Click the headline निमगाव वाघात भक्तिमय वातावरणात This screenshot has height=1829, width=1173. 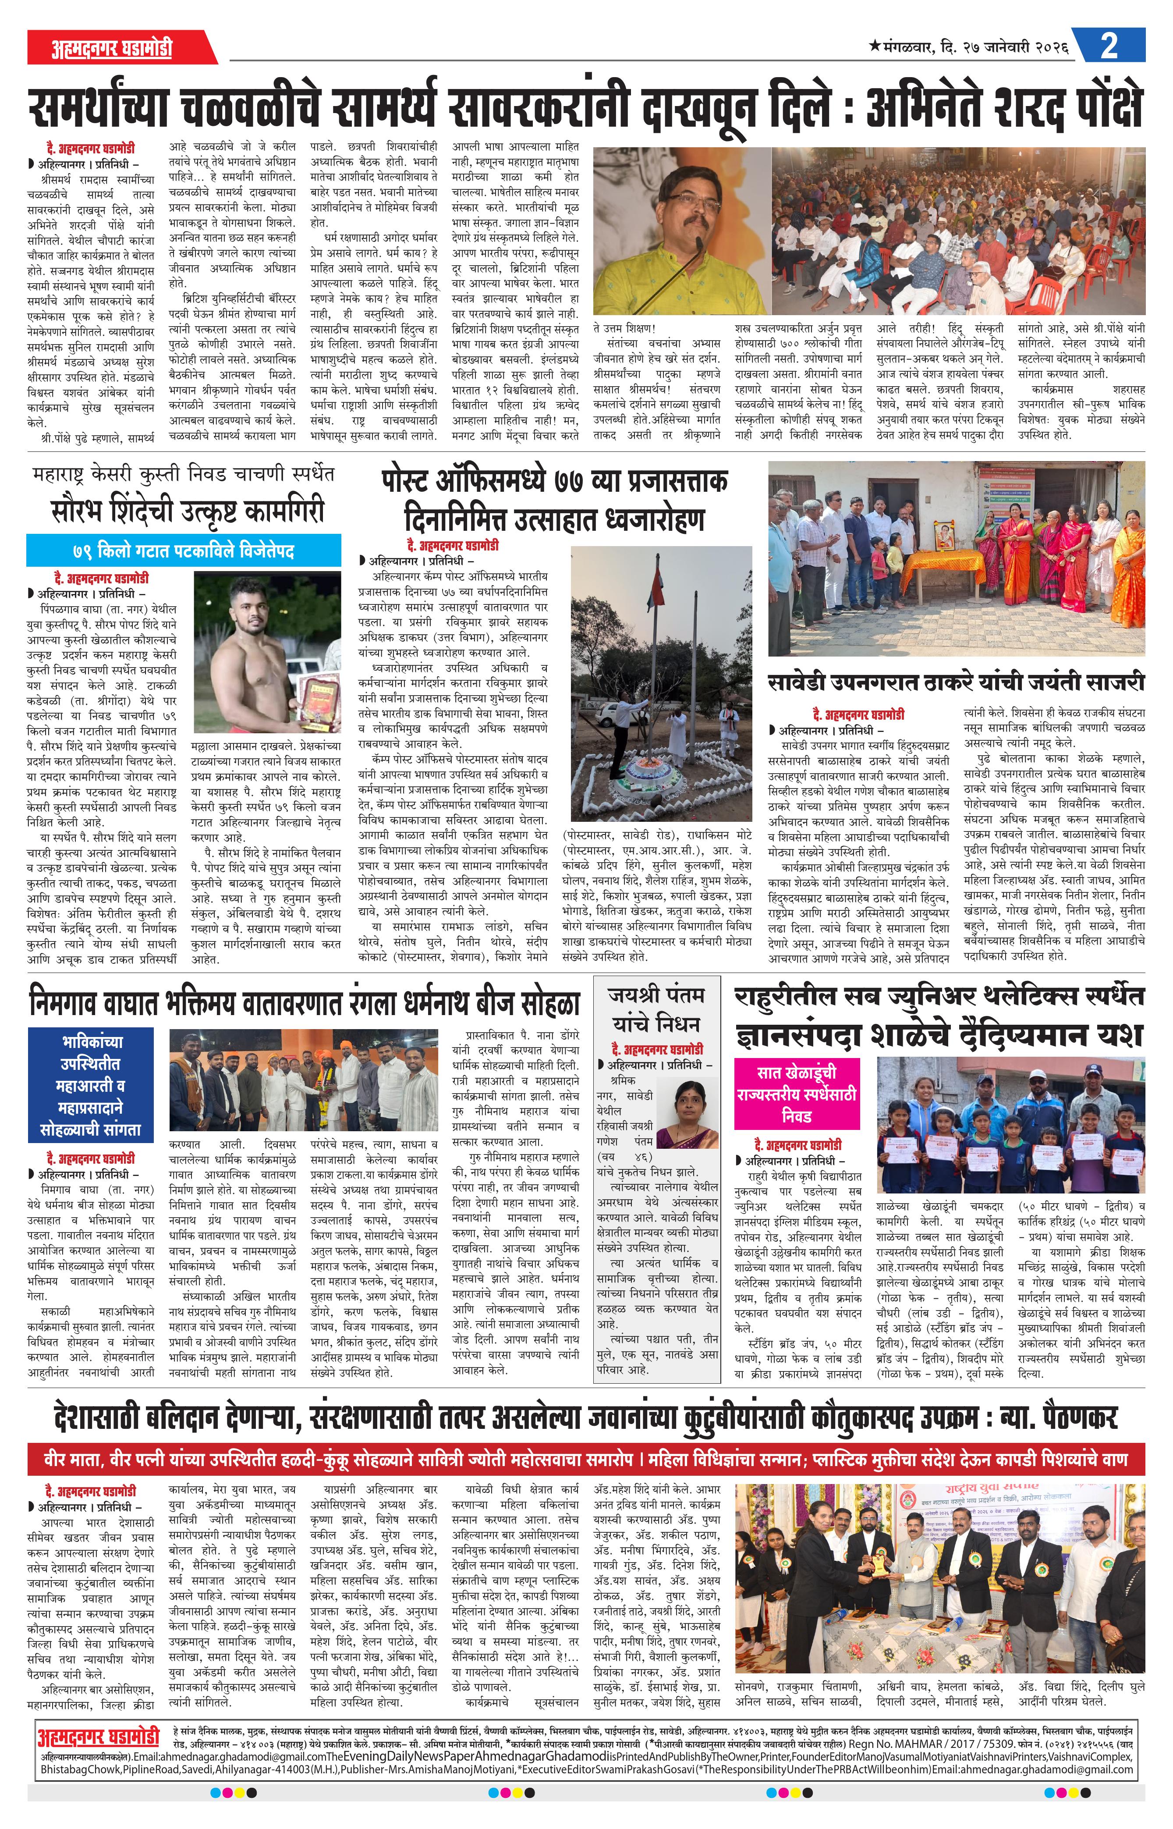[305, 1002]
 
